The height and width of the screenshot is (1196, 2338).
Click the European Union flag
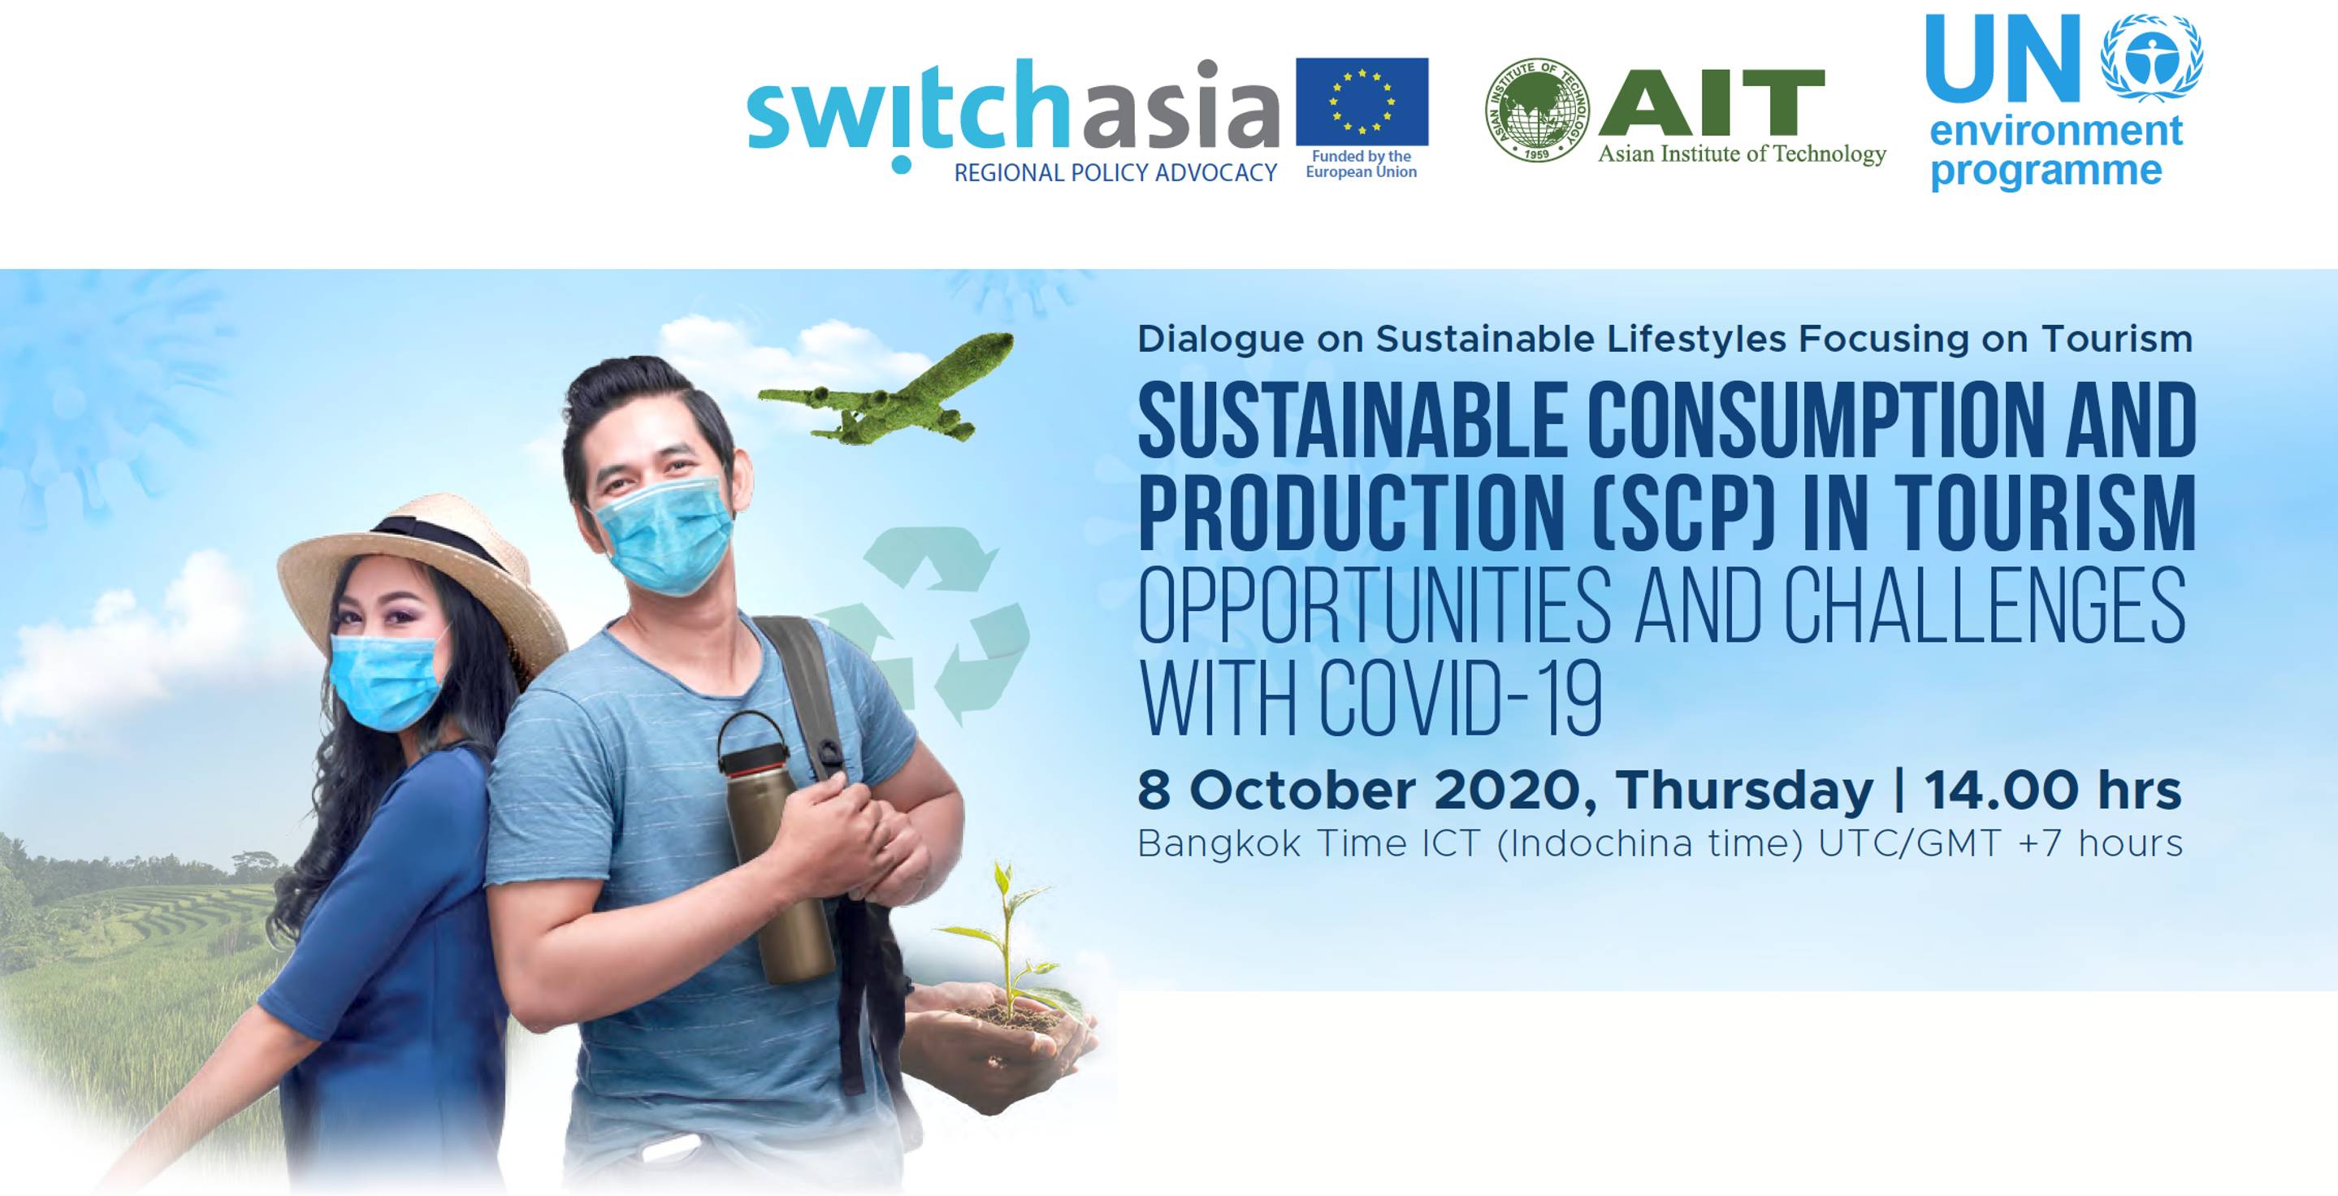[1362, 102]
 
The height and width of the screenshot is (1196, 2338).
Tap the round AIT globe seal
[1536, 110]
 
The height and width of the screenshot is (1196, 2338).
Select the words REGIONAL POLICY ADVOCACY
[1115, 172]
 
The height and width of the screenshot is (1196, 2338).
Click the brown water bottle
[773, 847]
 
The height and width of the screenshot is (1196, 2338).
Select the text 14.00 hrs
[2052, 791]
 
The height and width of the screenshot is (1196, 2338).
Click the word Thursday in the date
[1744, 792]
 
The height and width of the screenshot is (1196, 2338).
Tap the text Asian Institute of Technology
[1742, 154]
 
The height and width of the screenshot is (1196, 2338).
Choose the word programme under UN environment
[2046, 171]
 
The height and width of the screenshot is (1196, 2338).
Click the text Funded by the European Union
[1362, 164]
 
